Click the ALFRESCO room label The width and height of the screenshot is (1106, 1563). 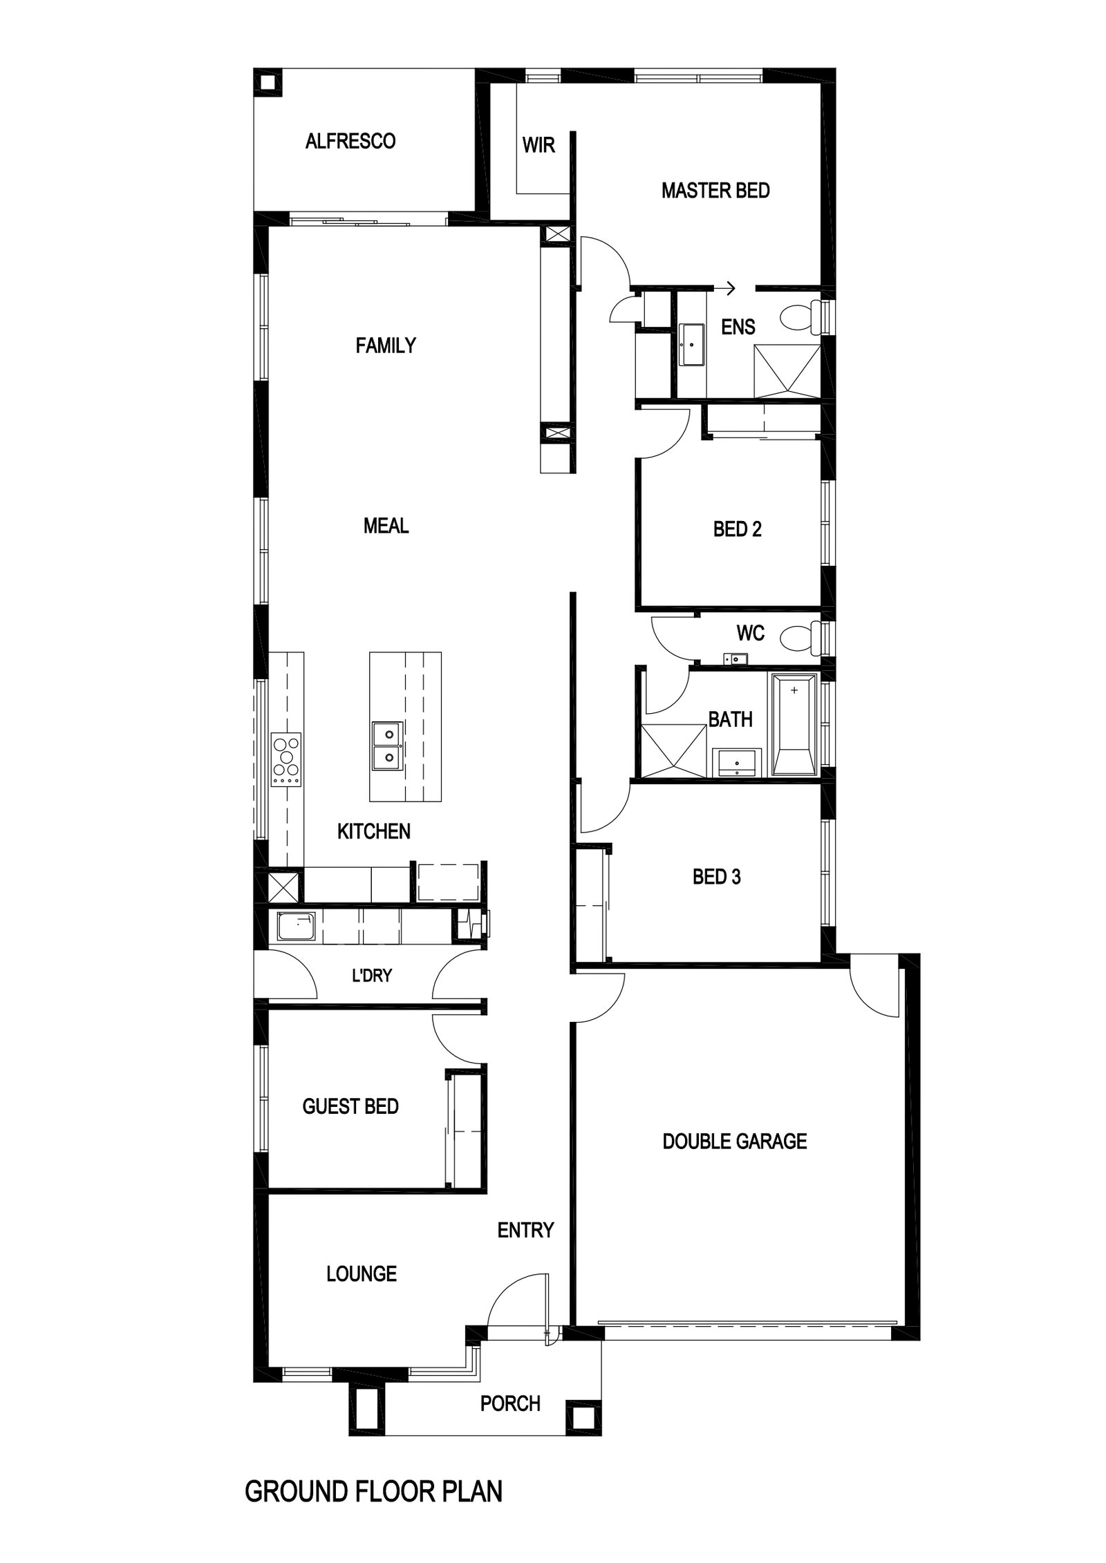pyautogui.click(x=350, y=142)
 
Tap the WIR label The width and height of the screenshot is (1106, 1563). pyautogui.click(x=538, y=146)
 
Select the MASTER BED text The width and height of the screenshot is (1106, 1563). pyautogui.click(x=715, y=191)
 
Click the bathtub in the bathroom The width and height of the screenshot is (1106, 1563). pyautogui.click(x=794, y=724)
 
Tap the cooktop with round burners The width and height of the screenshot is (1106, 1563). pyautogui.click(x=287, y=759)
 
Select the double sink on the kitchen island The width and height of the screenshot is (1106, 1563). pyautogui.click(x=388, y=746)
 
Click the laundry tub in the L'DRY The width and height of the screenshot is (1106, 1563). pyautogui.click(x=296, y=927)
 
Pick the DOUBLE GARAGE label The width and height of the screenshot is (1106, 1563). pyautogui.click(x=734, y=1141)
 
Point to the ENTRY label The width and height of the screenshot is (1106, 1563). pyautogui.click(x=525, y=1230)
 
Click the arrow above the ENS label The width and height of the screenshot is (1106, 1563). pyautogui.click(x=725, y=289)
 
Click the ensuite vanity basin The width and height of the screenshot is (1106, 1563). pyautogui.click(x=691, y=344)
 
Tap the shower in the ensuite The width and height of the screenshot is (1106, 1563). pyautogui.click(x=787, y=371)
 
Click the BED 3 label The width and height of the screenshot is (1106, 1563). pyautogui.click(x=716, y=878)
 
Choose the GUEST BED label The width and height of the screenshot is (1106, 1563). pyautogui.click(x=350, y=1106)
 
